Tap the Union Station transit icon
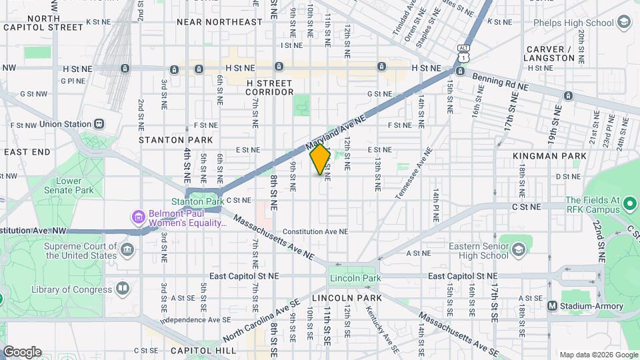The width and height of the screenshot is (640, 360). point(99,123)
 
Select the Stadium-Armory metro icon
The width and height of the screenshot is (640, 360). point(552,306)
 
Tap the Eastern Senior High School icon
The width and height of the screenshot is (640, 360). point(517,249)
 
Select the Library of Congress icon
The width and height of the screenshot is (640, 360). point(122,289)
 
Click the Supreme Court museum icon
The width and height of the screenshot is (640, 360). point(127,250)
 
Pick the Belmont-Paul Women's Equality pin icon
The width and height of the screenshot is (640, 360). point(138,217)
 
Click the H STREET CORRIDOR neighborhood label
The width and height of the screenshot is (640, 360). point(270,87)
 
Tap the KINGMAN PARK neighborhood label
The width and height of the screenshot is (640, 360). point(550,156)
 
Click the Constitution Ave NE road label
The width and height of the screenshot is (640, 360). point(315,232)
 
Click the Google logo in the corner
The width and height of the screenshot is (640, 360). point(22,352)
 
